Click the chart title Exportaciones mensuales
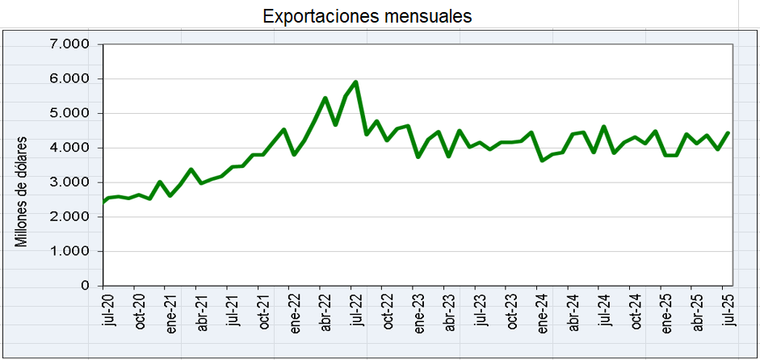[x=367, y=16]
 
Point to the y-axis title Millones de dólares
[x=22, y=191]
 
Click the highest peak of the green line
[x=356, y=82]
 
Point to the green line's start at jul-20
[x=103, y=201]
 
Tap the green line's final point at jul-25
[x=729, y=133]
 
